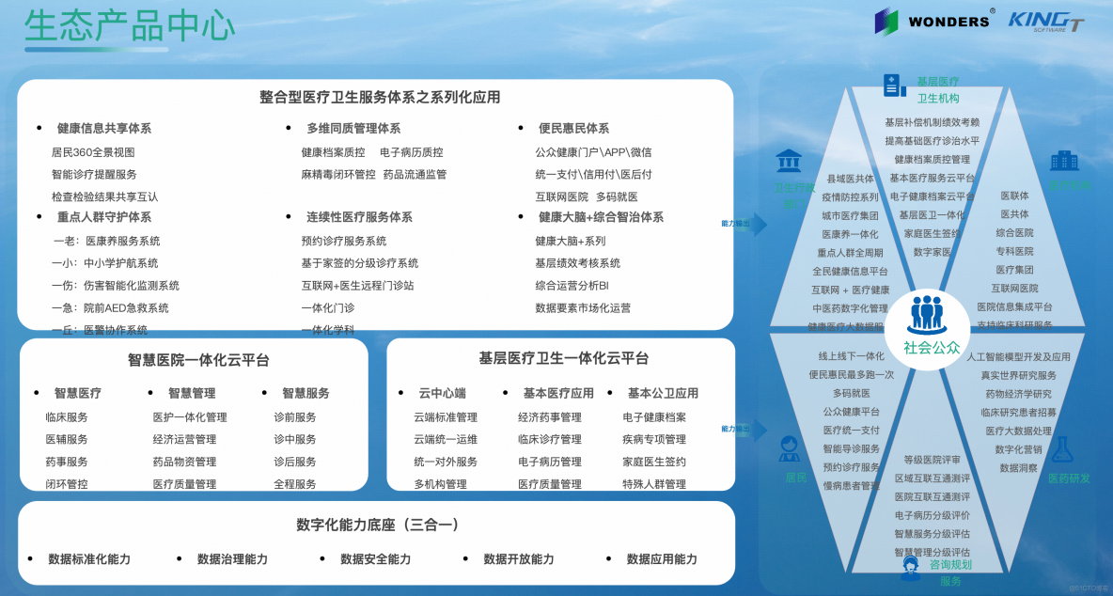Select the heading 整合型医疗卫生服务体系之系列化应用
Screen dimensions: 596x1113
click(380, 97)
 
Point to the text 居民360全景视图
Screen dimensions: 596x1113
click(93, 152)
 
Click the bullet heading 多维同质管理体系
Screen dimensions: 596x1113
click(353, 129)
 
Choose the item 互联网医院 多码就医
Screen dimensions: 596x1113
click(586, 197)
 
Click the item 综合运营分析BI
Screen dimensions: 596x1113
click(572, 286)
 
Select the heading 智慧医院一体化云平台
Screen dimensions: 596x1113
click(198, 360)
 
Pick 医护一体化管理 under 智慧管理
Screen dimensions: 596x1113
click(190, 417)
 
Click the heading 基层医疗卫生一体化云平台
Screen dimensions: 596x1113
click(563, 358)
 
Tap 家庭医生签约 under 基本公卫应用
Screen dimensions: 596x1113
click(654, 462)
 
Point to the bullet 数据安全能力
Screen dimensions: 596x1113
click(375, 559)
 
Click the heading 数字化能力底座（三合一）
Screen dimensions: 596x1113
click(377, 525)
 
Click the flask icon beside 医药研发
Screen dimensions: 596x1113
click(1062, 449)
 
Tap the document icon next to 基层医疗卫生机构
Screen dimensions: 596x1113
click(894, 86)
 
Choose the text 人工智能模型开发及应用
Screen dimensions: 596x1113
click(1018, 357)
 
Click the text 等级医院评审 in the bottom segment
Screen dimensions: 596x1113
click(932, 461)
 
